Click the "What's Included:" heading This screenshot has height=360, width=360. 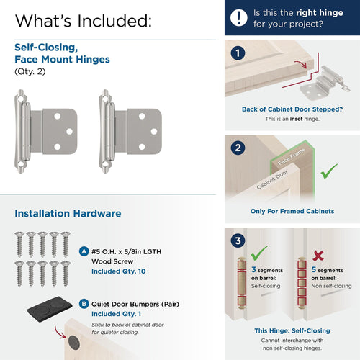pos(83,19)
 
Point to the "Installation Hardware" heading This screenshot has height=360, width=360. pos(68,213)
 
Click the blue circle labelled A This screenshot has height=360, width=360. pos(85,252)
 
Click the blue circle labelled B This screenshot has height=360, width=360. pos(85,304)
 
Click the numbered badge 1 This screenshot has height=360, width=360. pos(238,53)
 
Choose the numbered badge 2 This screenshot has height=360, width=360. pos(238,148)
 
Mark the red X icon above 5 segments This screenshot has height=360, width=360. pos(317,256)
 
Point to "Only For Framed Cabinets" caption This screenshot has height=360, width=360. pos(291,211)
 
